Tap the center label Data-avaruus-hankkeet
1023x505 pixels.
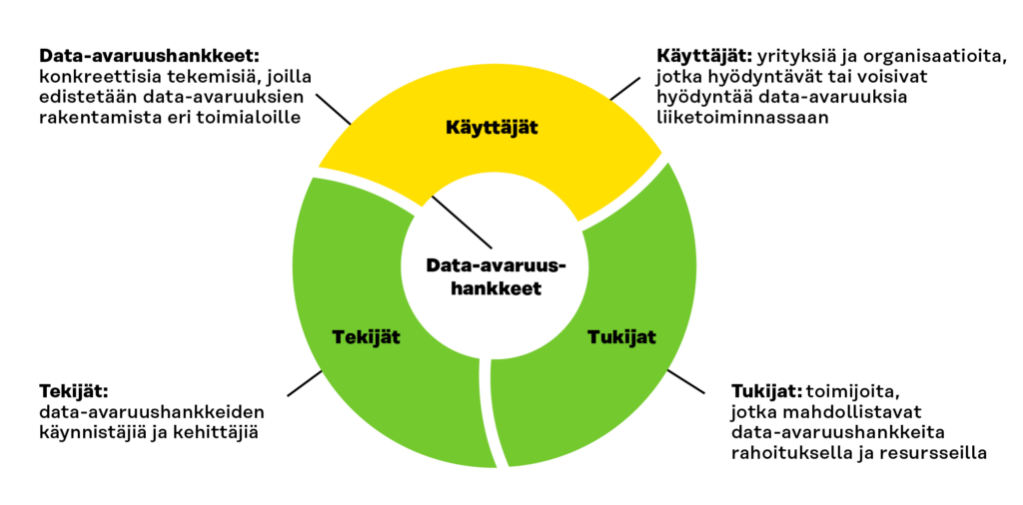click(493, 276)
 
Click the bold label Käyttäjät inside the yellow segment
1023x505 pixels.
click(492, 127)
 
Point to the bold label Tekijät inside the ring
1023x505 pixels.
click(366, 337)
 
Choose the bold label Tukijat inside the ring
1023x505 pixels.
click(620, 337)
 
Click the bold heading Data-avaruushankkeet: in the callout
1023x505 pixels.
click(150, 55)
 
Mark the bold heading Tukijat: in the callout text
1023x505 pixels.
click(766, 392)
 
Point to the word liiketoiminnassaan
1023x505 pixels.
click(742, 118)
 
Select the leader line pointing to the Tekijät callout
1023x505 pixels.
click(305, 382)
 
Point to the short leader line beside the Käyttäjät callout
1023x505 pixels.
click(624, 89)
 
